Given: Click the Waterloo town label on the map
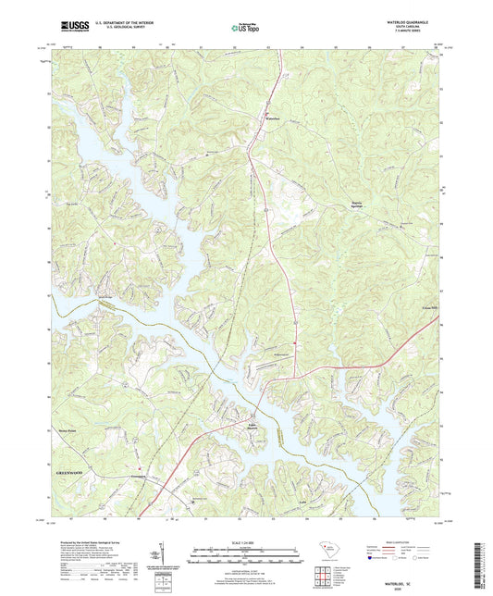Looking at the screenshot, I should pyautogui.click(x=271, y=119).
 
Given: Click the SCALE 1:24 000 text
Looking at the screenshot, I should pyautogui.click(x=246, y=542).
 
